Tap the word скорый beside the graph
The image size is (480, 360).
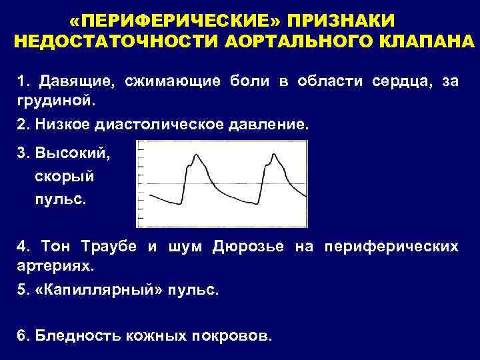click(x=64, y=177)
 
